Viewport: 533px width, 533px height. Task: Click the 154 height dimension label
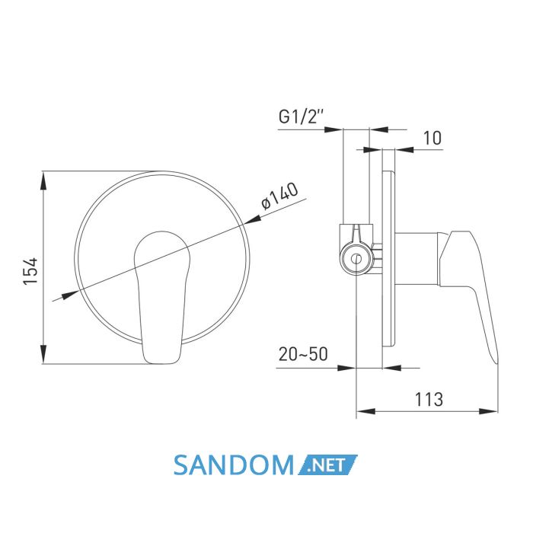point(30,271)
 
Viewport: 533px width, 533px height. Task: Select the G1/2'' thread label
point(301,117)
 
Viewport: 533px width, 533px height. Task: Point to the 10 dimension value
point(432,138)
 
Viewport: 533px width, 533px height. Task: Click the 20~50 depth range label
point(303,354)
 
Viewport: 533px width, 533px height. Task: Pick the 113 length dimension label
point(429,400)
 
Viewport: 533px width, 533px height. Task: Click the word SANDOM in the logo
point(234,464)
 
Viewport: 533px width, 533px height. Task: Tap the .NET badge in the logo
point(327,464)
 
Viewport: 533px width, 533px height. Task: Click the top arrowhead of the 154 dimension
point(43,180)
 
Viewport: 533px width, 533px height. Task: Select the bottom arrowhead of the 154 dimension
point(43,354)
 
